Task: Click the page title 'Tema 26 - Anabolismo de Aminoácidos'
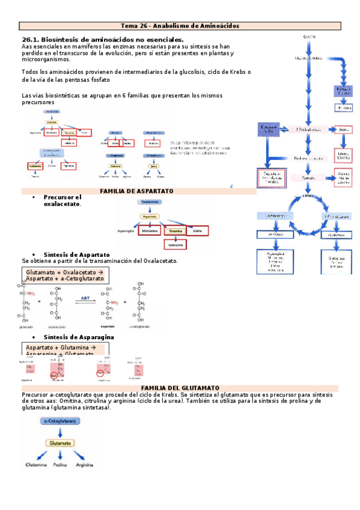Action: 180,26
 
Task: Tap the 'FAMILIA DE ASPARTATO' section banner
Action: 137,191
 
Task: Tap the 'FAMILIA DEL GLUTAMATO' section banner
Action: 179,388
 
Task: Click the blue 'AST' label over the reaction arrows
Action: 88,298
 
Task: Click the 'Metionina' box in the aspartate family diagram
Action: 150,230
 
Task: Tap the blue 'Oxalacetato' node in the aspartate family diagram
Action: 150,203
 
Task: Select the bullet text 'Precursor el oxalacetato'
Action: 62,200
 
